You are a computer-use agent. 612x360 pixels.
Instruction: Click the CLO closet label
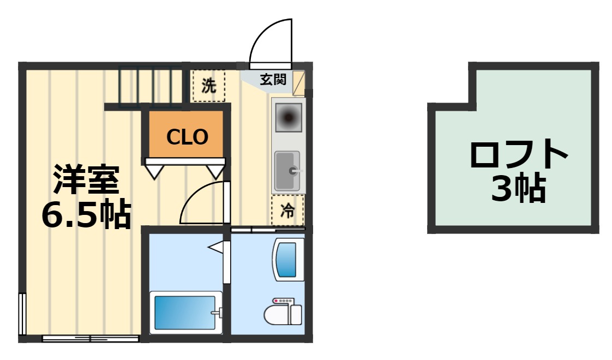(x=187, y=137)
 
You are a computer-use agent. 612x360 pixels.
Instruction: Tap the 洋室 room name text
(x=86, y=179)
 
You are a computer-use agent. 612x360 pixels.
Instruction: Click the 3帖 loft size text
(x=519, y=188)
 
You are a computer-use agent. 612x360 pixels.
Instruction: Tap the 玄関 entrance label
(x=273, y=79)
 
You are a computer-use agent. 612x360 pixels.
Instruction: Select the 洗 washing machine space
(x=209, y=86)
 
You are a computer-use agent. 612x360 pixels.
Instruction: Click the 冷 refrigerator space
(x=287, y=211)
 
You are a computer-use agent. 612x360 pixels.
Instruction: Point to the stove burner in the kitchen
(x=289, y=116)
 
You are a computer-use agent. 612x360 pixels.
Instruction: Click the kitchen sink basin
(x=287, y=171)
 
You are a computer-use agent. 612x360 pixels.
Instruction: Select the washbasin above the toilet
(x=289, y=259)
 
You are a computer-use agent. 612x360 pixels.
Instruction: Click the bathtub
(x=185, y=313)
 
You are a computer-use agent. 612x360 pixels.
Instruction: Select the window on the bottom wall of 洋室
(x=91, y=339)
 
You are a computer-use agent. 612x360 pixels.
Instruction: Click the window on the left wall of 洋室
(x=22, y=314)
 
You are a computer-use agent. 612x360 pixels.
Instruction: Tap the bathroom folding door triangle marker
(x=215, y=247)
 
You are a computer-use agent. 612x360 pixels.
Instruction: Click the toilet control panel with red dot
(x=283, y=301)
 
